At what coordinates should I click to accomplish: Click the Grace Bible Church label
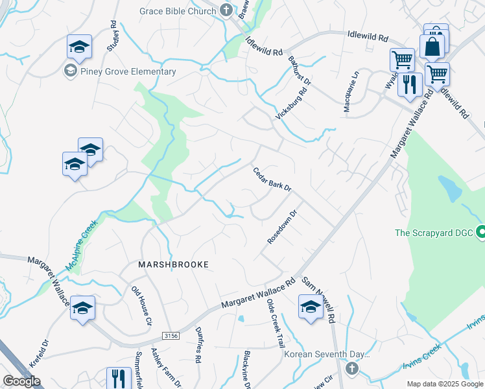click(x=178, y=10)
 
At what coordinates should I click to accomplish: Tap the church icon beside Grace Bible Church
click(x=226, y=10)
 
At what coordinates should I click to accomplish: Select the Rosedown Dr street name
click(x=283, y=227)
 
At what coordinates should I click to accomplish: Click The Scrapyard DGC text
click(x=435, y=232)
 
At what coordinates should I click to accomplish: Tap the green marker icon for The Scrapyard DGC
click(x=481, y=231)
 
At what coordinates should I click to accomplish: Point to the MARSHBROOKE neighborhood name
click(x=174, y=265)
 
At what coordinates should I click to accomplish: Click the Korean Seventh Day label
click(x=327, y=355)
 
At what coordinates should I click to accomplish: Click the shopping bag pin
click(x=431, y=47)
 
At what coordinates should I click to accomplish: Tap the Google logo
click(x=21, y=381)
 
